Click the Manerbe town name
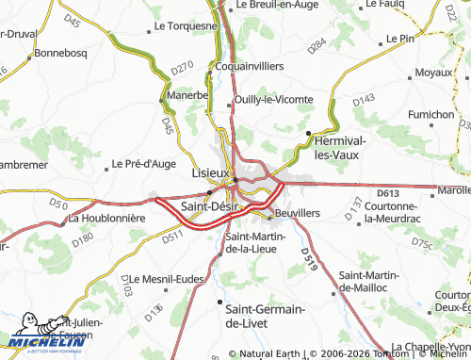coord(187,95)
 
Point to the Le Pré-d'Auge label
coord(146,163)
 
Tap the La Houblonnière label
coord(106,218)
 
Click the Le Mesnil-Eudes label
coord(167,279)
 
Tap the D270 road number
coord(182,68)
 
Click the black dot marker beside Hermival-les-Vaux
coord(308,132)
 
